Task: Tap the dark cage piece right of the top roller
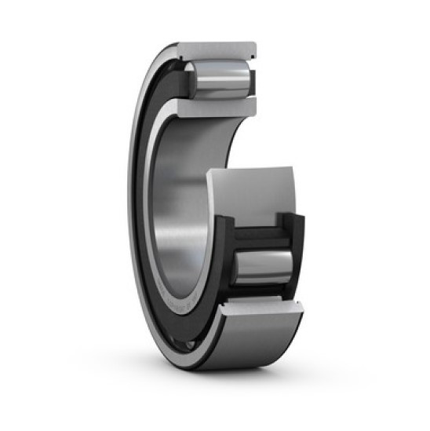pyautogui.click(x=253, y=79)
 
